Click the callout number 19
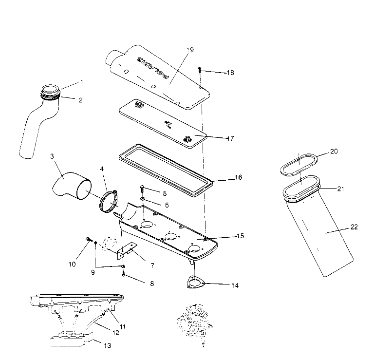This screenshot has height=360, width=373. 190,50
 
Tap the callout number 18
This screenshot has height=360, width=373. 230,73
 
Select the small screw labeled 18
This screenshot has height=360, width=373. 200,70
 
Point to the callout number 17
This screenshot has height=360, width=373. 230,138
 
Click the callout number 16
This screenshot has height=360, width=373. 238,177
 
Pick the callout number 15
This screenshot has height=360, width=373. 240,236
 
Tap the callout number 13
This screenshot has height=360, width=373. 107,345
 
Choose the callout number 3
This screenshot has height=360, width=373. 52,156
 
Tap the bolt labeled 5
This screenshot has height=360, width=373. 142,188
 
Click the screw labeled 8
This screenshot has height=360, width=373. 124,274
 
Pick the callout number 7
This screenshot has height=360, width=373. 152,265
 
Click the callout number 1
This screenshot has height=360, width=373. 81,82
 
